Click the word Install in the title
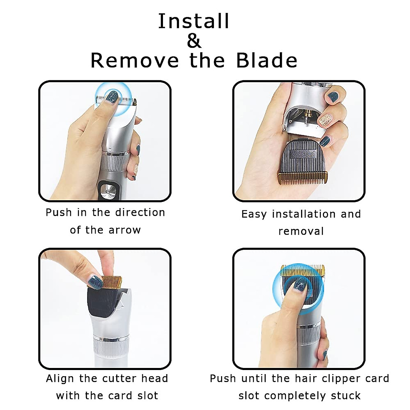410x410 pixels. click(194, 21)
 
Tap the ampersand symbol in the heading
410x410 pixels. click(194, 41)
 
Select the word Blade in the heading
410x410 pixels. click(267, 60)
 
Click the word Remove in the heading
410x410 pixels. click(135, 60)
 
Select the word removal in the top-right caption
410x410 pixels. click(301, 231)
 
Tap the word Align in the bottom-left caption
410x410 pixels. click(60, 379)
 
